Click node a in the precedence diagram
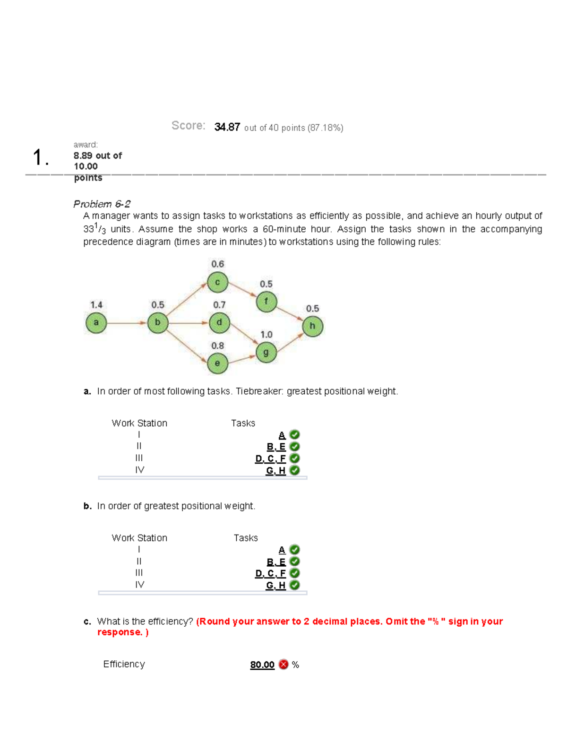96,323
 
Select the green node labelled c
217,283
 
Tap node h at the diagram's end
312,326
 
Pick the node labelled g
266,353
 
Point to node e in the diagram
217,363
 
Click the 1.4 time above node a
96,305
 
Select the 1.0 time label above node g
266,335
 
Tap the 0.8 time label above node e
217,346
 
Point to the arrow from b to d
189,323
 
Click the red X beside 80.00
283,665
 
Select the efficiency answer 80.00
262,665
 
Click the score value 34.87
227,127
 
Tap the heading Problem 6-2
102,204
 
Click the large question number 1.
40,157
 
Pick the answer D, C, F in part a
270,459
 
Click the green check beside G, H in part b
294,585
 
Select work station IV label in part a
139,470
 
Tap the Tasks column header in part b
246,538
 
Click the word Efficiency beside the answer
124,664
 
